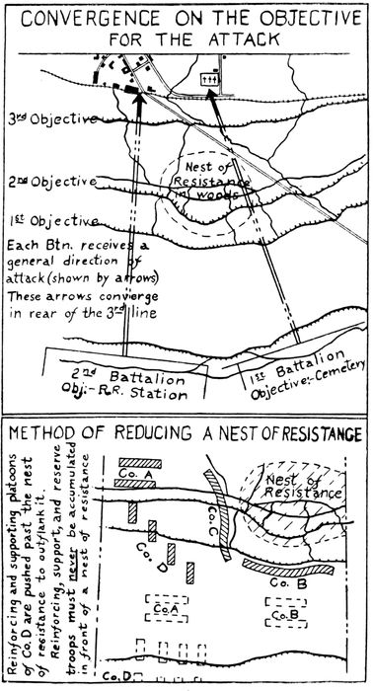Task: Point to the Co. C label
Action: [215, 514]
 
